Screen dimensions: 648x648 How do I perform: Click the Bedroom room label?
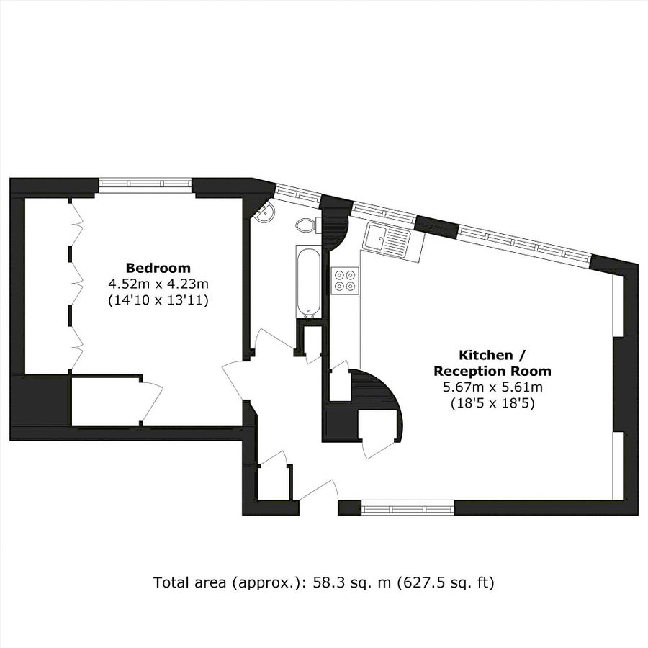tap(158, 267)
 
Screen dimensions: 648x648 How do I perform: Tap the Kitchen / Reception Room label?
tap(492, 363)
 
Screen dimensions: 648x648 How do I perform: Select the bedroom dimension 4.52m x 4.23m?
tap(158, 284)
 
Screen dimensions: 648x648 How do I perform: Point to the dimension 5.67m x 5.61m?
tap(492, 388)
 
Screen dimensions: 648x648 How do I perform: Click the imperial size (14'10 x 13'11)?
tap(158, 300)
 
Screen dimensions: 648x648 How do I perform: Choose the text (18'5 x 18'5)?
tap(492, 405)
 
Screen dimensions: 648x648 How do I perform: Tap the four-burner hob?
tap(346, 279)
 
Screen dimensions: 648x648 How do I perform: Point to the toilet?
tap(306, 225)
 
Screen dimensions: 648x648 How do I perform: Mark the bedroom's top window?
tap(146, 184)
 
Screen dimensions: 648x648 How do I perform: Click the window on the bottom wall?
tap(408, 508)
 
